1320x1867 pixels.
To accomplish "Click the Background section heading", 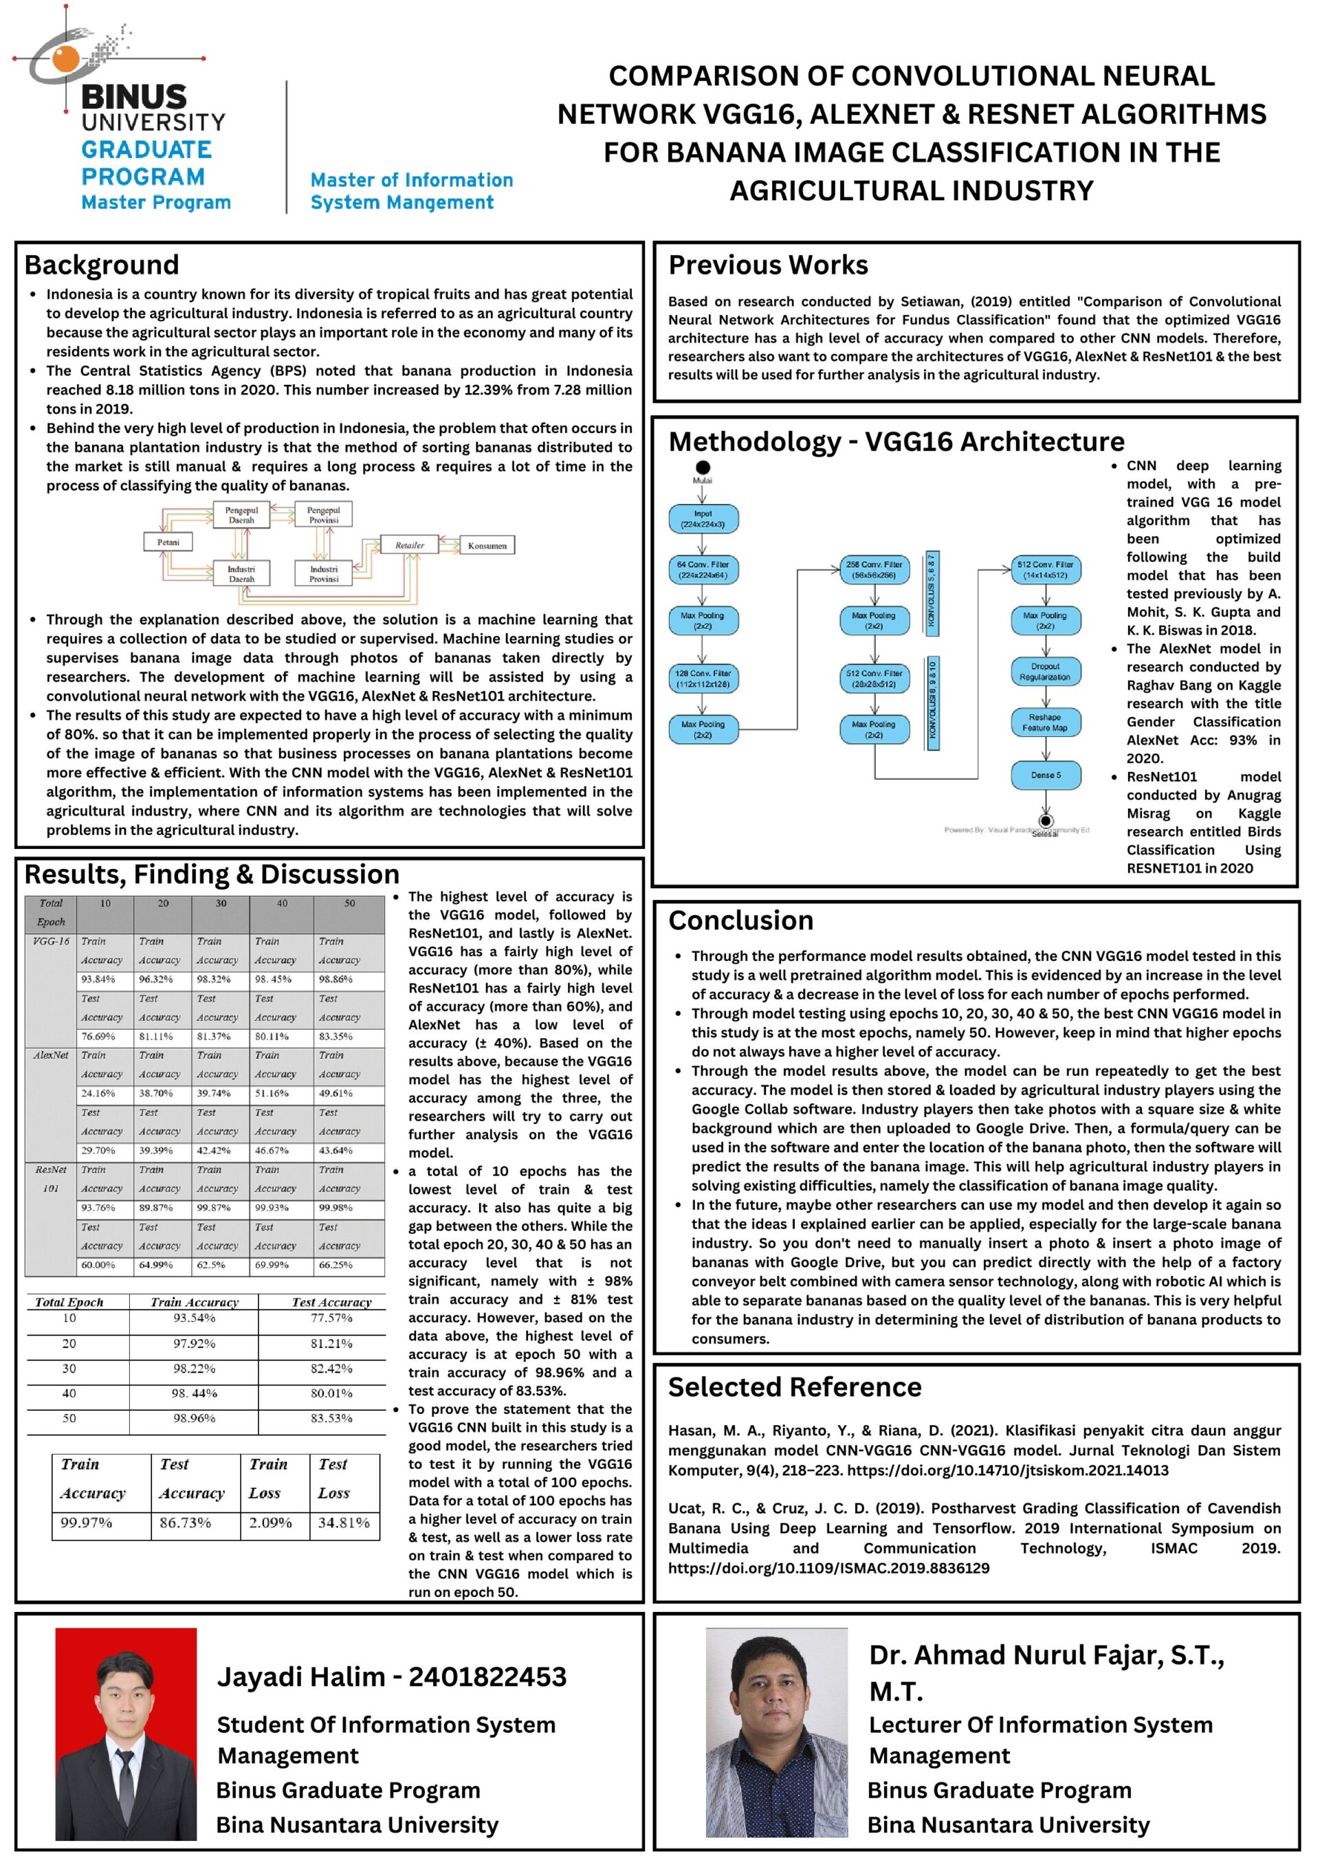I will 102,265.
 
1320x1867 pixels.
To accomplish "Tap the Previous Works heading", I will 768,265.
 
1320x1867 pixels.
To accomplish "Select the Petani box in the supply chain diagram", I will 168,542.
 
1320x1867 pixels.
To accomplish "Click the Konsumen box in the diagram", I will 487,546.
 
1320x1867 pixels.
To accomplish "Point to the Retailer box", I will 409,546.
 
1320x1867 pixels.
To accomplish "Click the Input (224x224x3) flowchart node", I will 703,519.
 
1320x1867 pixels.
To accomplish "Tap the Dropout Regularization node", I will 1045,672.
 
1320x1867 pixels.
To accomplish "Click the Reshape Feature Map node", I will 1045,722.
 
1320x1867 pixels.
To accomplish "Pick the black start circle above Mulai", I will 703,467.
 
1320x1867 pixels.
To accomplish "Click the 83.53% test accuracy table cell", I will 331,1418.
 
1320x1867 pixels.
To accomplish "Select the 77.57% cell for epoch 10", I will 331,1318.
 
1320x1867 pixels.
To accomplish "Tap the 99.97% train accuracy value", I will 86,1522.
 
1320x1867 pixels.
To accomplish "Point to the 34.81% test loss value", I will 343,1522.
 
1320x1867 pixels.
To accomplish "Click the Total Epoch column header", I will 69,1302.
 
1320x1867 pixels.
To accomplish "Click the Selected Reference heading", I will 795,1387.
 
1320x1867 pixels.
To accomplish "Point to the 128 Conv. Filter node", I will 703,678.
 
